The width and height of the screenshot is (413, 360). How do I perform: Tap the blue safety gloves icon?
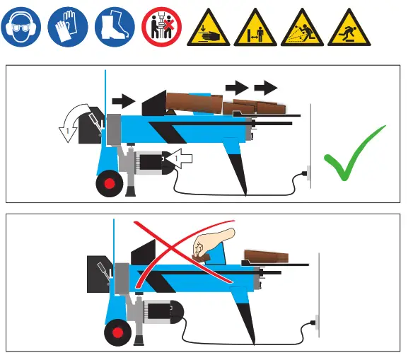point(68,28)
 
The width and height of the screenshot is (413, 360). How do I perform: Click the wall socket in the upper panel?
point(306,173)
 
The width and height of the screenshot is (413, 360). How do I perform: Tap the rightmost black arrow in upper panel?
point(266,88)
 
